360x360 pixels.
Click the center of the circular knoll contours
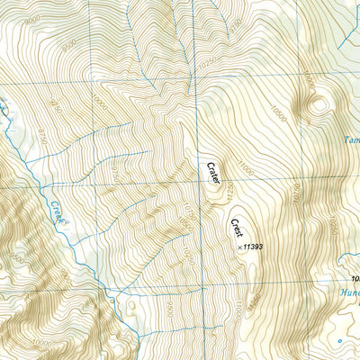pos(317,106)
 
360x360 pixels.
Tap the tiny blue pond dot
pos(338,342)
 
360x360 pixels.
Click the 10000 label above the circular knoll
pos(310,82)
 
